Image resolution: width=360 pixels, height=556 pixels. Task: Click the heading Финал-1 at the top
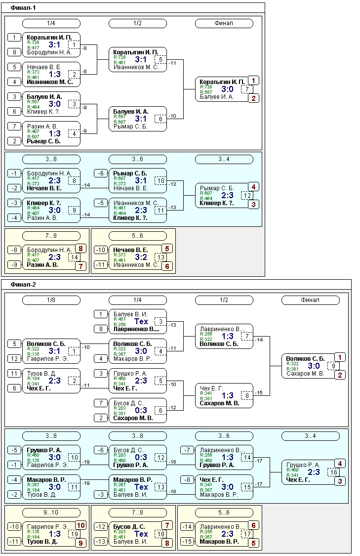click(x=23, y=8)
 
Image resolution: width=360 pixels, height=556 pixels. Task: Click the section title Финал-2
click(x=23, y=285)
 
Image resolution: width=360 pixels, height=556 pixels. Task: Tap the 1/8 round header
click(x=51, y=300)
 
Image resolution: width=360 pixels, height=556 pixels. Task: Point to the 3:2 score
click(x=141, y=257)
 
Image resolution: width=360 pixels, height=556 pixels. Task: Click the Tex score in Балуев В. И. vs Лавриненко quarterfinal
click(x=141, y=321)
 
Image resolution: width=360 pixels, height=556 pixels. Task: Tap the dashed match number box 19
click(x=74, y=534)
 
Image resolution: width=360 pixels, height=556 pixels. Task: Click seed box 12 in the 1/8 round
click(x=15, y=358)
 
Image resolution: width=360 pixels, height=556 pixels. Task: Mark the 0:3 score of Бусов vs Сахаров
click(x=141, y=410)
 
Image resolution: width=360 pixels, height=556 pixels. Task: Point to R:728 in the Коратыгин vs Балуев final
click(x=206, y=86)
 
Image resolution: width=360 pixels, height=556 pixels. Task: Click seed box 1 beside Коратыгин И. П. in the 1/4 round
click(x=15, y=38)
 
